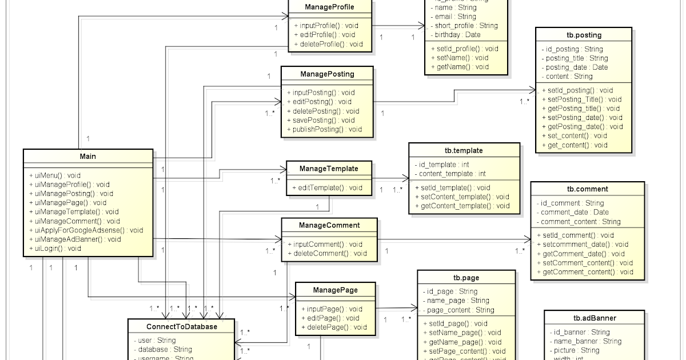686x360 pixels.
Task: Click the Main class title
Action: pos(88,157)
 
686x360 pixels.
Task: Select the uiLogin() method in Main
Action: pos(55,249)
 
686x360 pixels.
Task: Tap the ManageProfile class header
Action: pos(329,7)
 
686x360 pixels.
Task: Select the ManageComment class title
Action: pos(329,225)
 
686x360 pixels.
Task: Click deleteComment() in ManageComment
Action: pos(328,253)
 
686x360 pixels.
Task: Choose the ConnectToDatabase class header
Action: pos(181,326)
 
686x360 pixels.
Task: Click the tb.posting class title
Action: pos(583,35)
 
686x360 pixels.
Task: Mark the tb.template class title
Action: pos(464,151)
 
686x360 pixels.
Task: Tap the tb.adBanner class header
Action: pos(595,318)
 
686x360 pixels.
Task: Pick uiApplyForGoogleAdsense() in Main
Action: pos(85,230)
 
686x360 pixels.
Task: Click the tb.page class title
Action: pos(466,278)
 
